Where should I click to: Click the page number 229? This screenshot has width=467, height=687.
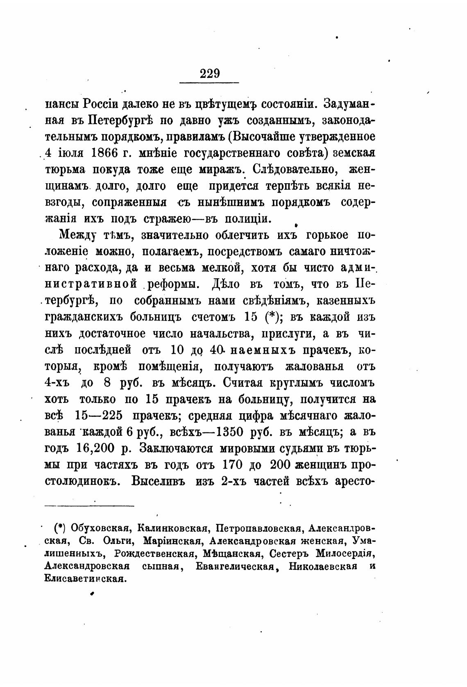[x=210, y=74]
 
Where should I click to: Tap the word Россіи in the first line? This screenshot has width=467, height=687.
[x=100, y=104]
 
